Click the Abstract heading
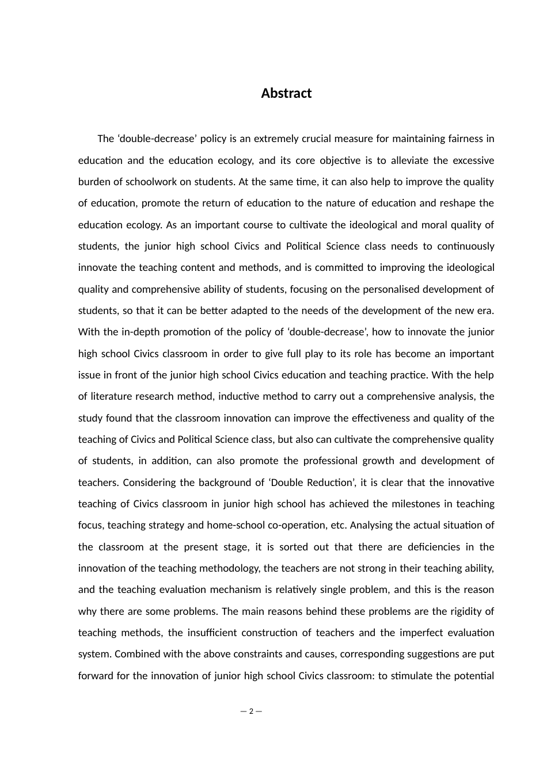pos(286,93)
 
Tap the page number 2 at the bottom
pos(251,711)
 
